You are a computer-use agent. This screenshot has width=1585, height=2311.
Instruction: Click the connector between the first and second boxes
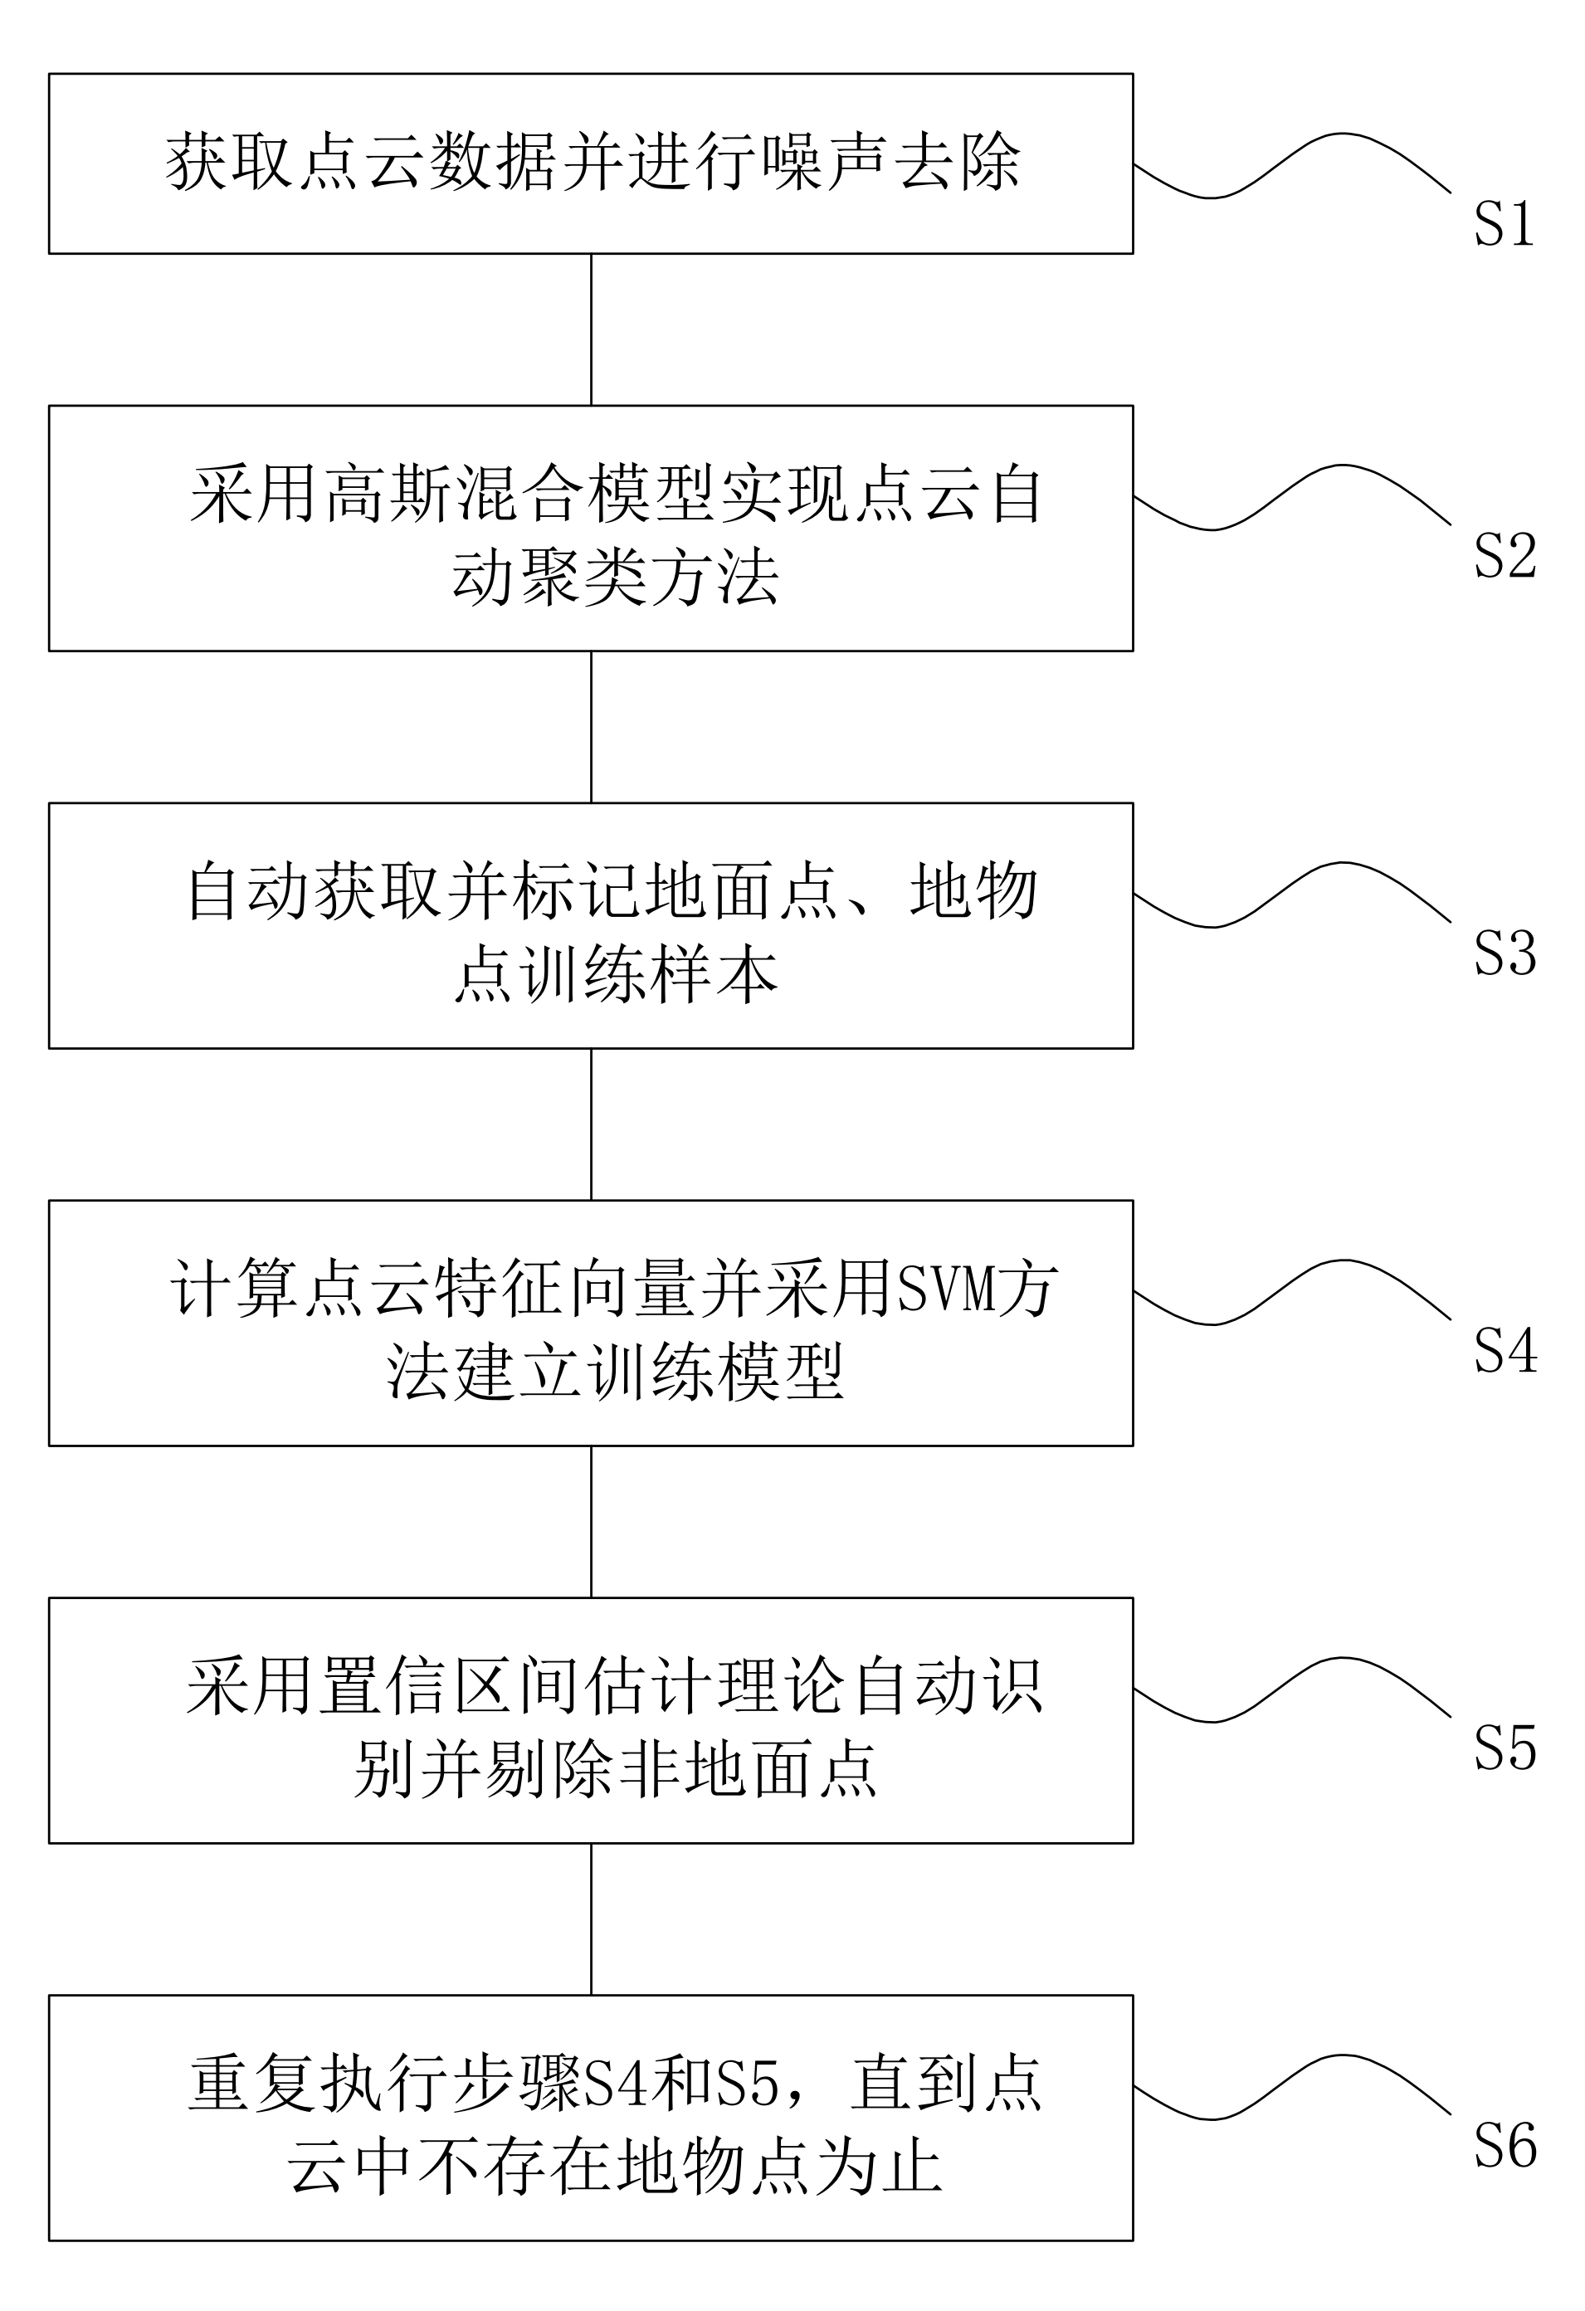592,329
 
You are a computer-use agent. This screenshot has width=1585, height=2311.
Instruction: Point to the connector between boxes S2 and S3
592,727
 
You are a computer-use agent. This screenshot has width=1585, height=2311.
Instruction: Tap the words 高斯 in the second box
388,495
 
